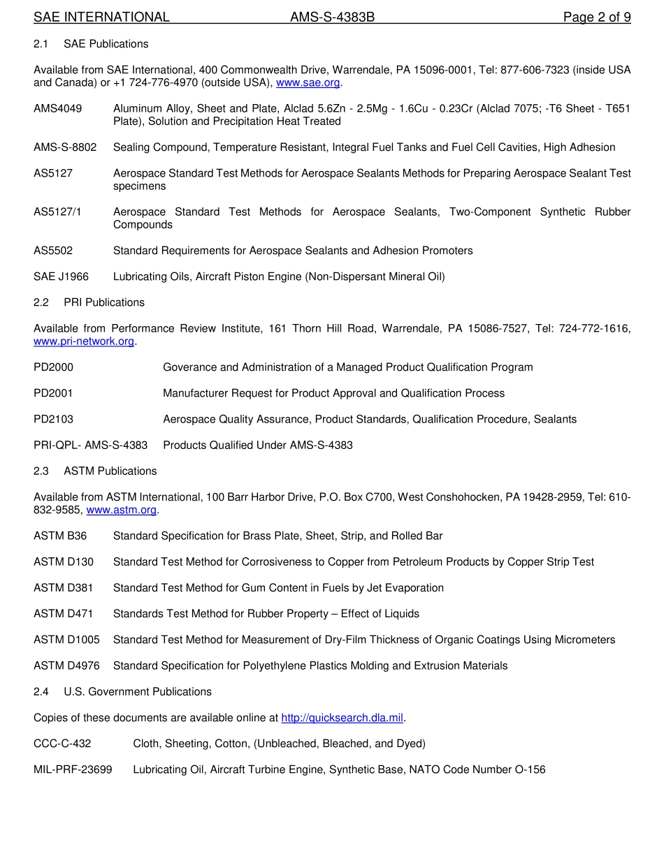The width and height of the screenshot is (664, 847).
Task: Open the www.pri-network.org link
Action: coord(84,341)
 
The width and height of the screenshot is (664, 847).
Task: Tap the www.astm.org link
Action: coord(121,510)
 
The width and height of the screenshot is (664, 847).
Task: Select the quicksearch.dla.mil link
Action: coord(342,718)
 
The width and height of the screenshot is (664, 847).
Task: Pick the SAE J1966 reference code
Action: coord(62,277)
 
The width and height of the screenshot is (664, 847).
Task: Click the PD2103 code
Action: coord(54,420)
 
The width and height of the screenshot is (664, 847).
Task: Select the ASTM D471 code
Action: coord(64,614)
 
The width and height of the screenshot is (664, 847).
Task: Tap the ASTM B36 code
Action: coord(61,536)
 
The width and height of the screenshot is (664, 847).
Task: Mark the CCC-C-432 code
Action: coord(62,744)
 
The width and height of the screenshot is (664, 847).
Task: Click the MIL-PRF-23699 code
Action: coord(73,770)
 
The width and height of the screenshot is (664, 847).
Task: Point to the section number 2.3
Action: coord(41,471)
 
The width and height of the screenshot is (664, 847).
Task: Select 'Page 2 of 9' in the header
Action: coord(597,17)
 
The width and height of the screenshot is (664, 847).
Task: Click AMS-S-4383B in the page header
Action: coord(333,17)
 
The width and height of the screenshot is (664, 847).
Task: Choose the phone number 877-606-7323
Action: coord(533,71)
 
